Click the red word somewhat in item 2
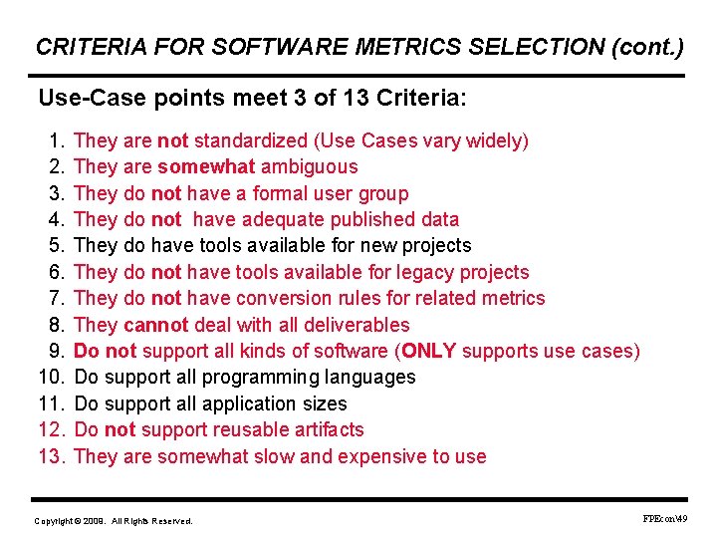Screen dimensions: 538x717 pyautogui.click(x=206, y=166)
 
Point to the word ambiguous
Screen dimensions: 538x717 pyautogui.click(x=309, y=166)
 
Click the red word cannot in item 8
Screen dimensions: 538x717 pyautogui.click(x=155, y=325)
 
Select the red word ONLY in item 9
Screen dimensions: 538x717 pyautogui.click(x=429, y=351)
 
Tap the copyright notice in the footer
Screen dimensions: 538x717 pyautogui.click(x=114, y=521)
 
